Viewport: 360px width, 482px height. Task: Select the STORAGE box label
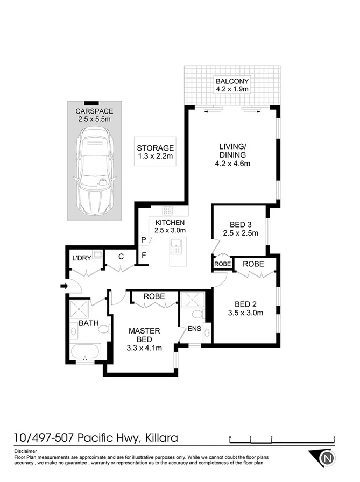(x=155, y=148)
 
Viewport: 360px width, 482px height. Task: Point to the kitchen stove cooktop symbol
(x=167, y=210)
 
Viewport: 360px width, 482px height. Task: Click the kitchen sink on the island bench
(x=176, y=248)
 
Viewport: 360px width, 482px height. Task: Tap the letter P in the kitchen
(x=144, y=240)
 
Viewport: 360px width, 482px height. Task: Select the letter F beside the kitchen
(x=144, y=256)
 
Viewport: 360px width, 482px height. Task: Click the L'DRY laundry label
(x=82, y=259)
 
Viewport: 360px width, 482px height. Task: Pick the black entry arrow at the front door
(x=63, y=286)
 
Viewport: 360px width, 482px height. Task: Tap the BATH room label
(x=88, y=323)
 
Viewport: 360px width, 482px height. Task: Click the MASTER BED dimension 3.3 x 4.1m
(x=144, y=349)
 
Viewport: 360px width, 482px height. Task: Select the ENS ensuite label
(x=194, y=328)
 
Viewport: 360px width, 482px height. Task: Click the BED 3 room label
(x=241, y=224)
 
